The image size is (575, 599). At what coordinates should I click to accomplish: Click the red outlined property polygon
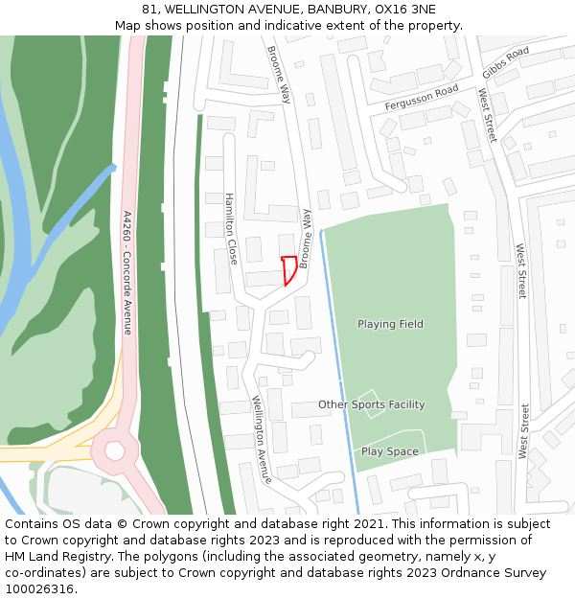287,269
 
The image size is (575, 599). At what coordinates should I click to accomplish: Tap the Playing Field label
390,324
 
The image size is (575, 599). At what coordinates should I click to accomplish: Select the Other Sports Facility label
371,404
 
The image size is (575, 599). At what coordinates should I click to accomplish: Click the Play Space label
389,451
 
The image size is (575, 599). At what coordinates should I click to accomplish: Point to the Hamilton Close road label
231,229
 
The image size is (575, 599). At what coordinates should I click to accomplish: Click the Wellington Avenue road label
262,439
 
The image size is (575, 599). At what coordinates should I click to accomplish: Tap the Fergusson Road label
422,97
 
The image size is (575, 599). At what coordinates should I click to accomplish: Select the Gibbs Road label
505,62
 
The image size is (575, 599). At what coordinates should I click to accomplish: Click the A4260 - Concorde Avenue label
126,273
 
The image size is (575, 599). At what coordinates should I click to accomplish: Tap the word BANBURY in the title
337,10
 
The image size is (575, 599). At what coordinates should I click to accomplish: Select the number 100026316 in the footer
39,589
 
